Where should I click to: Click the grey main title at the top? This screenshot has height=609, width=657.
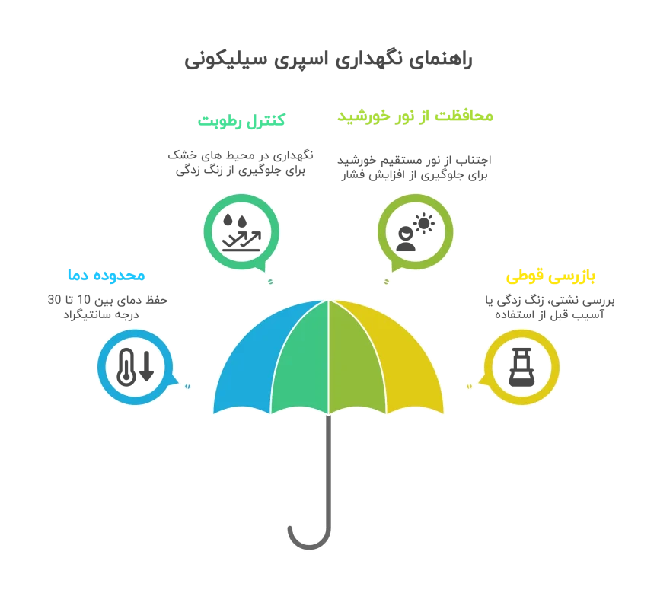328,62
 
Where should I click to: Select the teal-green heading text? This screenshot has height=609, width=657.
241,120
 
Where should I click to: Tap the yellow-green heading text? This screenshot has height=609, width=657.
414,116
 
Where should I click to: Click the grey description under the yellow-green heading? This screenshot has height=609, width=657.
414,166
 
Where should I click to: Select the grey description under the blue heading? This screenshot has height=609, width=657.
106,305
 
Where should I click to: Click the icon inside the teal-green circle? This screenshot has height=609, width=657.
241,231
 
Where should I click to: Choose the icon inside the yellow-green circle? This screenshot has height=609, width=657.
416,231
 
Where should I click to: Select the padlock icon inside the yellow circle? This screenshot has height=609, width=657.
522,366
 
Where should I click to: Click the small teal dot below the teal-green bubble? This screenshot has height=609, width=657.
269,282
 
